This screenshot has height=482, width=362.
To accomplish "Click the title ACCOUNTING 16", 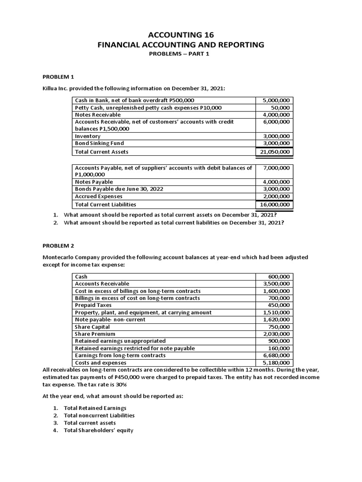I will [181, 34].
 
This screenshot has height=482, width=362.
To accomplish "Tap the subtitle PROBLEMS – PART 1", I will [181, 55].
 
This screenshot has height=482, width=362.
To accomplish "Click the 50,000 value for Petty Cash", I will [281, 107].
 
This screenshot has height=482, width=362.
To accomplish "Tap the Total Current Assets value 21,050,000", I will [275, 152].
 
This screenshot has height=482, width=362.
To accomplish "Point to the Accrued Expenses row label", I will [99, 196].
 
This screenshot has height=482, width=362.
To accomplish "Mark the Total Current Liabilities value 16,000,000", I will [275, 205].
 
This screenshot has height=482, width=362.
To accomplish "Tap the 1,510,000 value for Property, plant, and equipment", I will [278, 312].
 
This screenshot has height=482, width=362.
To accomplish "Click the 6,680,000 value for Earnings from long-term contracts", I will [278, 355].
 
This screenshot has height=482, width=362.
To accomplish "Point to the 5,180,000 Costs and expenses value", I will [278, 362].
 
